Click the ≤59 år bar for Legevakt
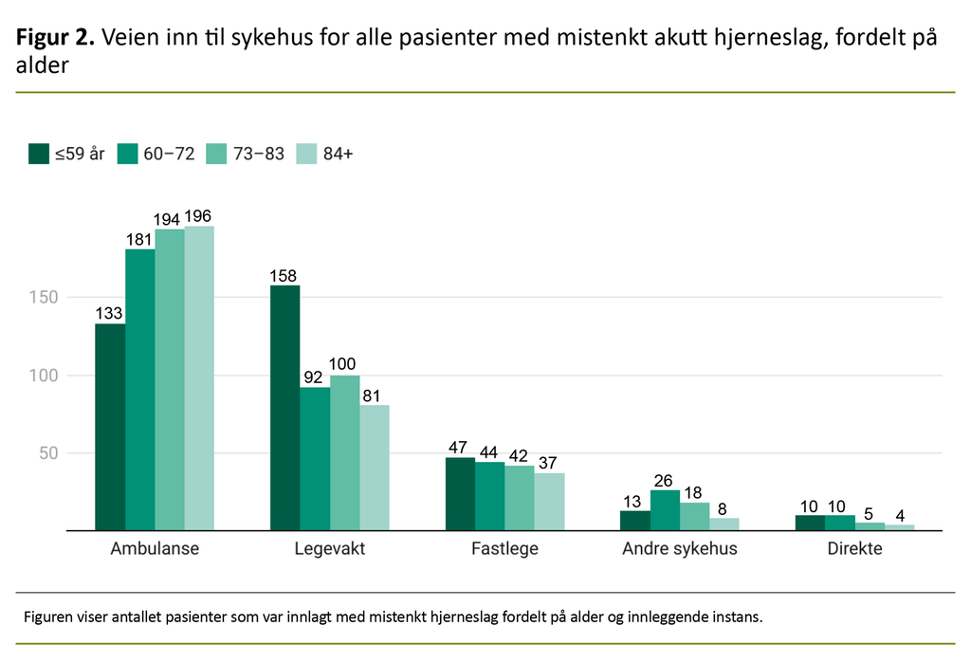click(x=284, y=408)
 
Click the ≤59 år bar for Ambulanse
click(x=110, y=427)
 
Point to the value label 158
click(x=284, y=276)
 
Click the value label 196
click(x=199, y=217)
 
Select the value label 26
click(x=665, y=481)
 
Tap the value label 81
click(x=374, y=395)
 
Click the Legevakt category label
click(x=329, y=549)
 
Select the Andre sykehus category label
click(x=679, y=549)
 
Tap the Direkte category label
click(x=854, y=549)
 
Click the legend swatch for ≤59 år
click(x=39, y=154)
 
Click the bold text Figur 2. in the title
click(x=55, y=38)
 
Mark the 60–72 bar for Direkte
click(x=839, y=523)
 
